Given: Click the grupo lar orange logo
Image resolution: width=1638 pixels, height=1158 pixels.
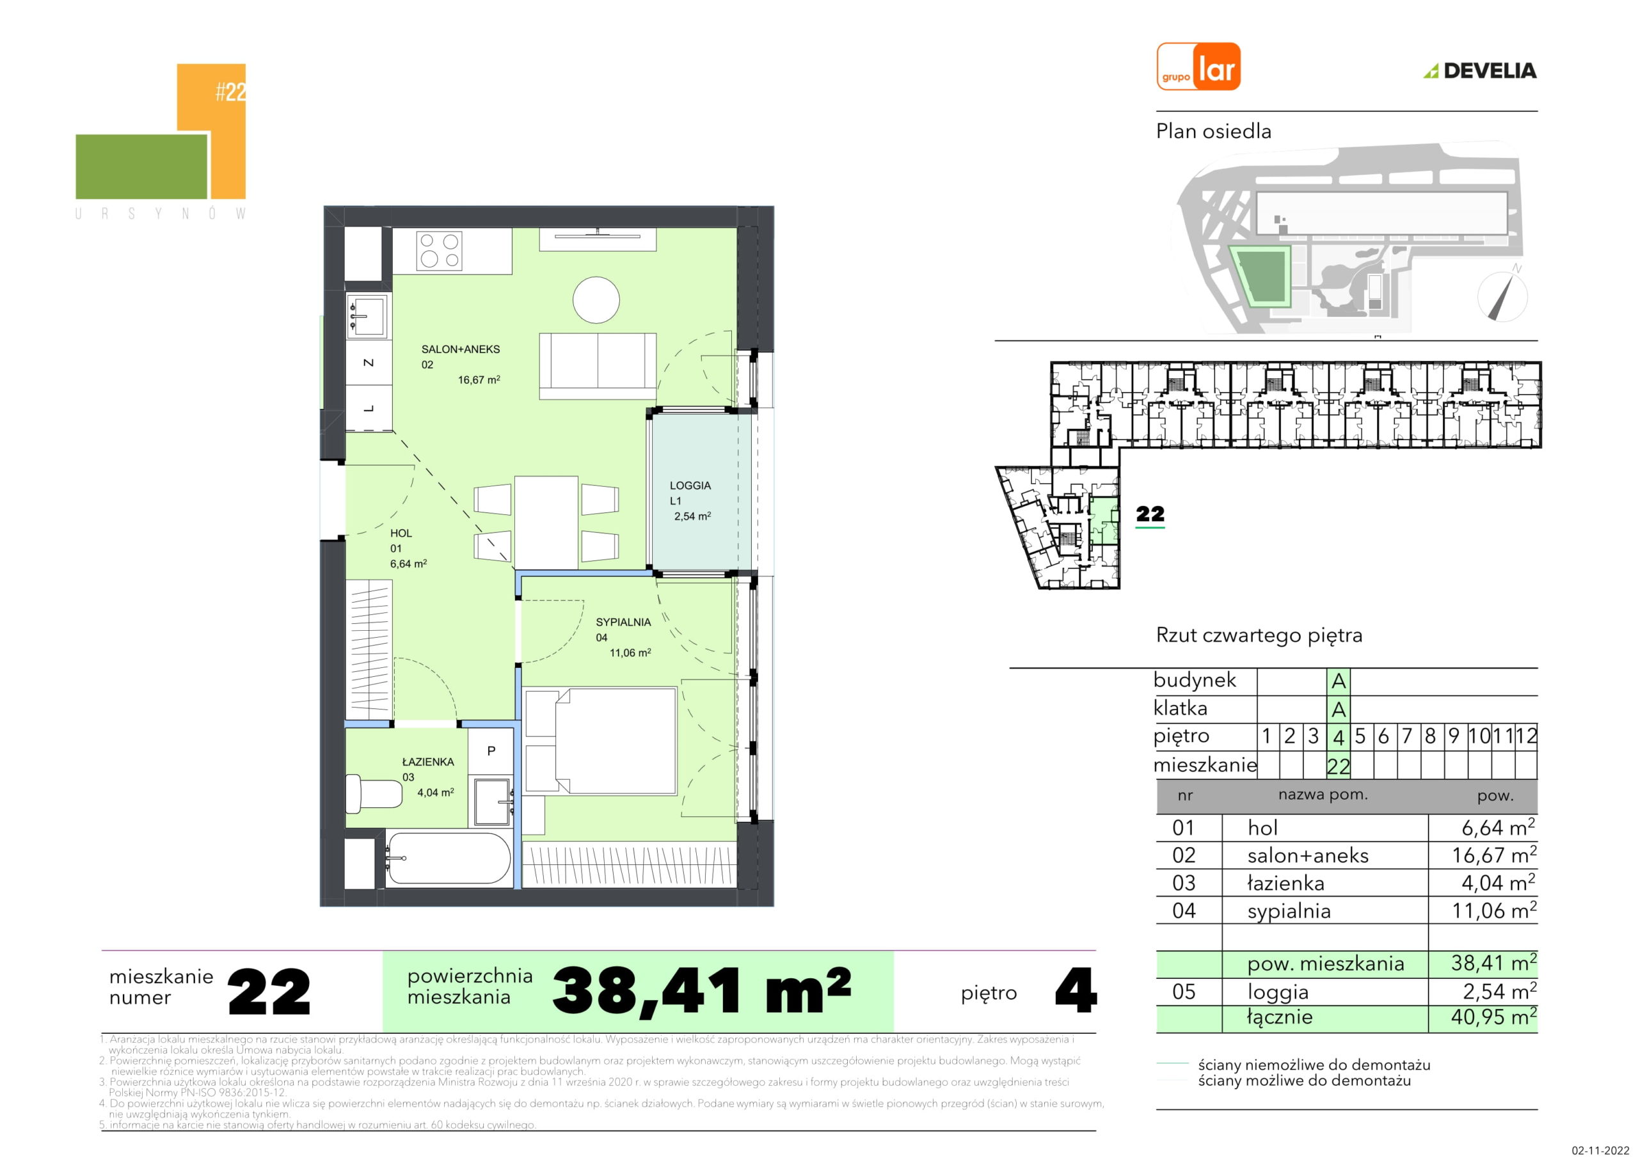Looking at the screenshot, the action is point(1198,67).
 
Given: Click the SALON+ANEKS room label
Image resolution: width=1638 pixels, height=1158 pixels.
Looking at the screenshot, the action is point(461,349).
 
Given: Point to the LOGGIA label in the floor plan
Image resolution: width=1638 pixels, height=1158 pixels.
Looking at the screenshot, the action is point(690,485).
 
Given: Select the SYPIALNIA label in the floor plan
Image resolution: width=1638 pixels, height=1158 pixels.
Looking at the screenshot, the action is point(623,622).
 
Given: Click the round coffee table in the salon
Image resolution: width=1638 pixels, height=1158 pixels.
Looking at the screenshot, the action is point(596,299).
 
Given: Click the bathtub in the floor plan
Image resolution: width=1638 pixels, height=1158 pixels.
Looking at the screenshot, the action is point(448,859).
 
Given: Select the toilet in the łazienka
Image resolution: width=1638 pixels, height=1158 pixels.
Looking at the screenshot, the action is point(374,794).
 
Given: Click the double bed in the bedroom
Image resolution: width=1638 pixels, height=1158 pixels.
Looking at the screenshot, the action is point(600,741).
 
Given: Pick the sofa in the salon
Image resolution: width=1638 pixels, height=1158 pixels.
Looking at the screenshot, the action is point(597,365).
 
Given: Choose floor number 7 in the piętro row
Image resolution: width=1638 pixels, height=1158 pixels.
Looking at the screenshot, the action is point(1407,736).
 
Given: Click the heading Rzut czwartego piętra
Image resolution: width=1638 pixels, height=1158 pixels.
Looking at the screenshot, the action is point(1259,635).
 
